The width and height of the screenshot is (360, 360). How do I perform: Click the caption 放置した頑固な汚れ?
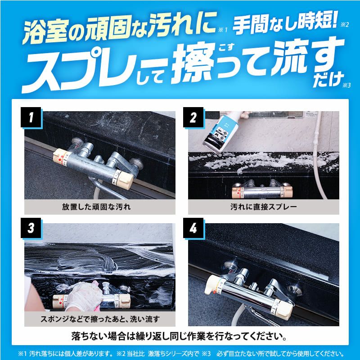99,207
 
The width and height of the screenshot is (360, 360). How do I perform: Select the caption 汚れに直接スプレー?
263,207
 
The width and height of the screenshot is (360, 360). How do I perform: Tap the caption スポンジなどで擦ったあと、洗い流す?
99,319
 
